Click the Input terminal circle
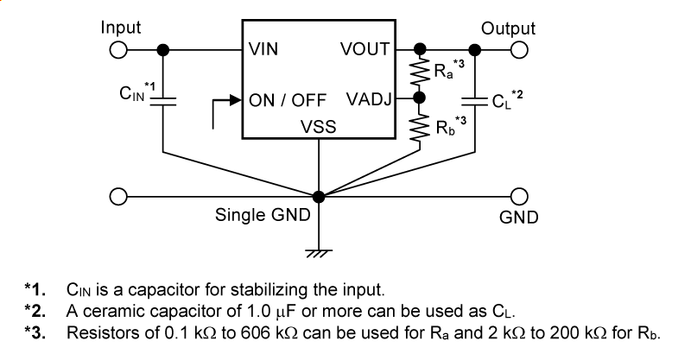119,49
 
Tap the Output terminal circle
519,49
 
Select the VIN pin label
263,49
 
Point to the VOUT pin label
366,49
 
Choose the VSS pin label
319,127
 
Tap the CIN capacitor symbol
164,100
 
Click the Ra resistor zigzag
421,73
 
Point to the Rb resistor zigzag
421,127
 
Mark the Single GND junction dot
320,197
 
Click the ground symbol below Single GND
320,253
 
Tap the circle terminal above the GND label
519,197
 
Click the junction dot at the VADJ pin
421,99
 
